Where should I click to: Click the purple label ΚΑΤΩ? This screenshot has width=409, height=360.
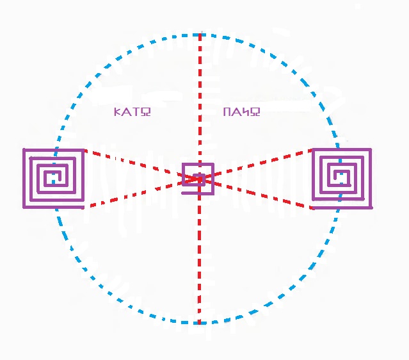pyautogui.click(x=132, y=112)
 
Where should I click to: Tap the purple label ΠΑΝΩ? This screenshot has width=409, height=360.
pyautogui.click(x=242, y=112)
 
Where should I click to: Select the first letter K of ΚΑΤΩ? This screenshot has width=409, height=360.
pyautogui.click(x=117, y=112)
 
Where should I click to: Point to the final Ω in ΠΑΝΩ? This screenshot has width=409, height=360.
pyautogui.click(x=255, y=112)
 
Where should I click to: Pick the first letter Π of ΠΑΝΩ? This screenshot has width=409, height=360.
pyautogui.click(x=228, y=112)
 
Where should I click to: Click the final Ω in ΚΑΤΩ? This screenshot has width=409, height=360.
pyautogui.click(x=146, y=112)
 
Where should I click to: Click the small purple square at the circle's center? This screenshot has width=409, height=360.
pyautogui.click(x=198, y=175)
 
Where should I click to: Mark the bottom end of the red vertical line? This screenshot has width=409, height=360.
pyautogui.click(x=199, y=322)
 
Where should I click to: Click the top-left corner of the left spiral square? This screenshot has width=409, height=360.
pyautogui.click(x=24, y=151)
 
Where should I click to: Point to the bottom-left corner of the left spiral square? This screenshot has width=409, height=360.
pyautogui.click(x=24, y=206)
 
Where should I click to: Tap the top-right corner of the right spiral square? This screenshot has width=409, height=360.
pyautogui.click(x=371, y=151)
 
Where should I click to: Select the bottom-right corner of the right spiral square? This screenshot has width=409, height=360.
pyautogui.click(x=371, y=206)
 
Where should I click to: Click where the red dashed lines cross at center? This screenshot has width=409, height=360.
pyautogui.click(x=200, y=179)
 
